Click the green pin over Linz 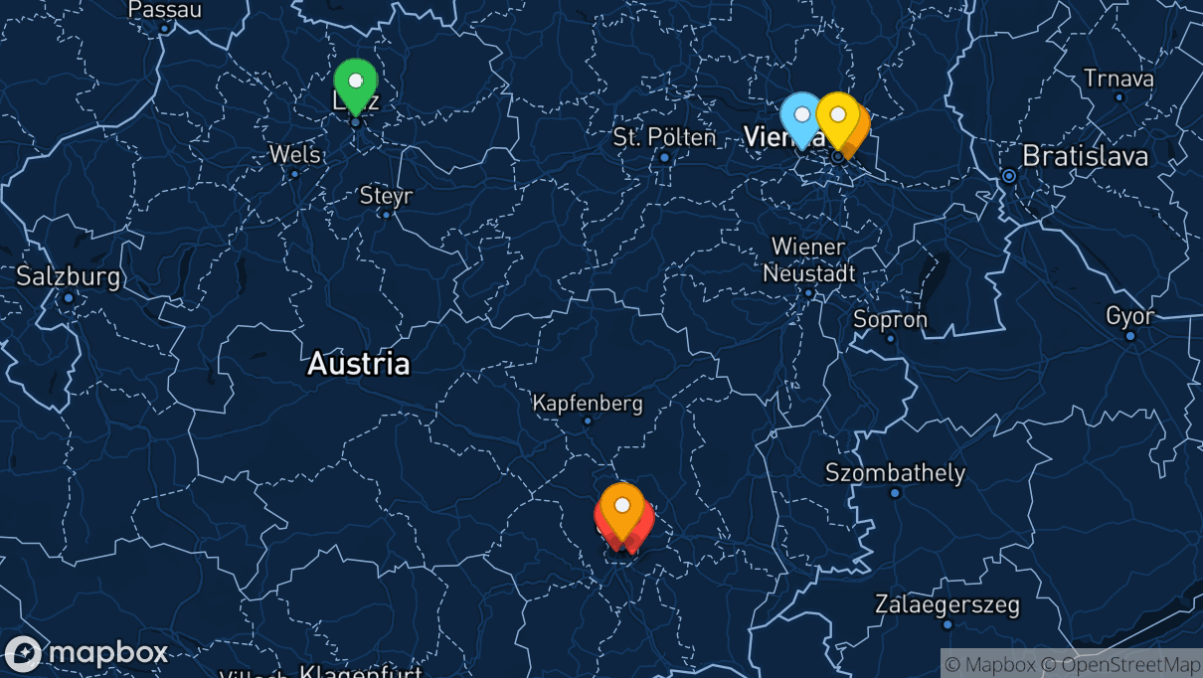tap(355, 82)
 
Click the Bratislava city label tap(1085, 156)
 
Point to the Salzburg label tap(68, 276)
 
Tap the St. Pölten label tap(664, 137)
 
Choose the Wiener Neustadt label tap(807, 259)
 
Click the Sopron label tap(890, 319)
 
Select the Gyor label tap(1130, 316)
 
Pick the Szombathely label tap(895, 472)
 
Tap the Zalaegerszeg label tap(946, 604)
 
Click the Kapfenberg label tap(588, 404)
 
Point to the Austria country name tap(358, 363)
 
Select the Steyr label tap(386, 196)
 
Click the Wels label tap(295, 154)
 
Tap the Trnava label tap(1118, 78)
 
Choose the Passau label tap(165, 10)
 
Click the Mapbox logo tap(86, 653)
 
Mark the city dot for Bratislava tap(1009, 176)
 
